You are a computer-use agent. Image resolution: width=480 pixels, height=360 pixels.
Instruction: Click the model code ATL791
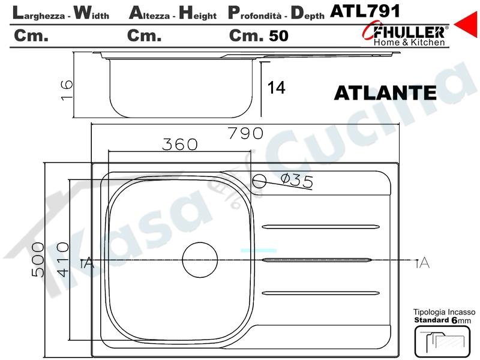[x=365, y=11]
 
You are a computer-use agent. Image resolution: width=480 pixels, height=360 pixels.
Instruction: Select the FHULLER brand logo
[x=406, y=35]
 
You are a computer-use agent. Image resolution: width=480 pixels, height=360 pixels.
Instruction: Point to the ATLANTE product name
[x=385, y=93]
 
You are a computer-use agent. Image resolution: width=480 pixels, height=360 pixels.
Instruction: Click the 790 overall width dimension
[x=246, y=133]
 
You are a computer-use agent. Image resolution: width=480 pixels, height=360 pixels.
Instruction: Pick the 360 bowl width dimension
[x=180, y=145]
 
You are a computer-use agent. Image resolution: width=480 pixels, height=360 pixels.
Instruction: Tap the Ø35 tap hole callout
[x=297, y=181]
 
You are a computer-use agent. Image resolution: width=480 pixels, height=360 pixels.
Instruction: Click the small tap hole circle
[x=259, y=181]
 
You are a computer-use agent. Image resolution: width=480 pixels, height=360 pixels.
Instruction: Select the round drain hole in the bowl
[x=200, y=260]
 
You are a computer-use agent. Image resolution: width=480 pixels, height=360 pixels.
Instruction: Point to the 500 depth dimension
[x=38, y=260]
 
